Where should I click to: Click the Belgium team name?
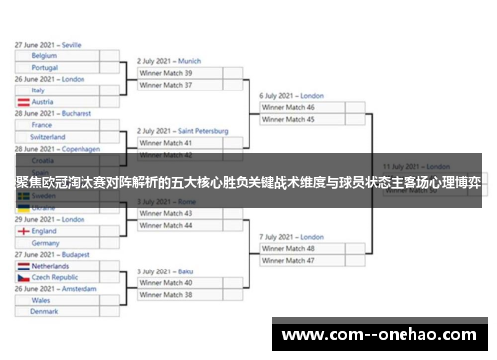pyautogui.click(x=44, y=56)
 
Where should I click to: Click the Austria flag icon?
pyautogui.click(x=23, y=102)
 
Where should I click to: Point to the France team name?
pyautogui.click(x=41, y=125)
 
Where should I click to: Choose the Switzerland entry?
pyautogui.click(x=49, y=137)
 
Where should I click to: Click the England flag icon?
pyautogui.click(x=23, y=231)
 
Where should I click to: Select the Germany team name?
pyautogui.click(x=45, y=243)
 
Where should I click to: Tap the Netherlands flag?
pyautogui.click(x=23, y=266)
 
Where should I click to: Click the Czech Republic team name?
pyautogui.click(x=55, y=277)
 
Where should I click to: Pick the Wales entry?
pyautogui.click(x=41, y=300)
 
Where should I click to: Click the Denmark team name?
pyautogui.click(x=44, y=312)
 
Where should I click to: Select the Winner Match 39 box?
pyautogui.click(x=166, y=73)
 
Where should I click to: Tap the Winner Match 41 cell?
pyautogui.click(x=166, y=143)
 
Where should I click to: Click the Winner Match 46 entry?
pyautogui.click(x=287, y=107)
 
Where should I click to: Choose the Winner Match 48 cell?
pyautogui.click(x=287, y=248)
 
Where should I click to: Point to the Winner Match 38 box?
pyautogui.click(x=166, y=295)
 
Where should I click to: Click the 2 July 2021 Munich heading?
pyautogui.click(x=169, y=61)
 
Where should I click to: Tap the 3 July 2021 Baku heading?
pyautogui.click(x=165, y=271)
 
